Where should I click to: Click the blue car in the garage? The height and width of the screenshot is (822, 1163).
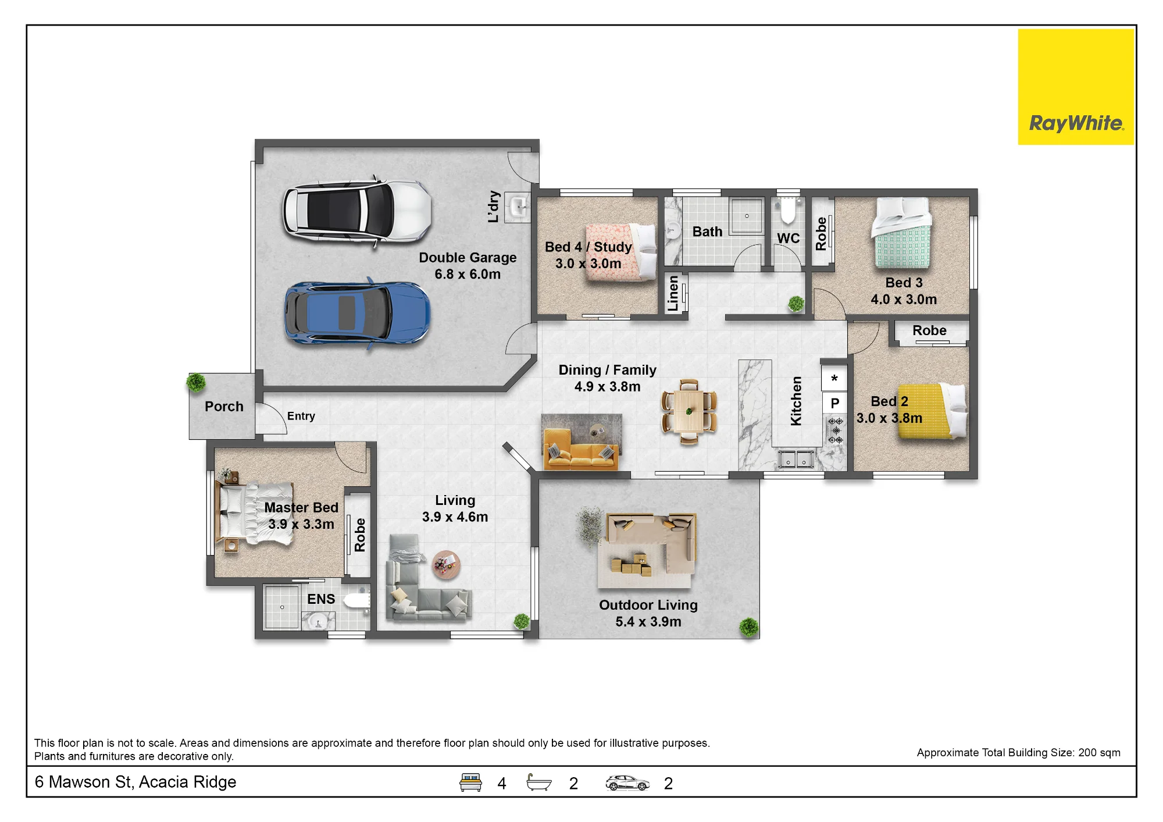click(x=357, y=314)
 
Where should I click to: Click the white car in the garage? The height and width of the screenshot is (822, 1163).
click(x=357, y=212)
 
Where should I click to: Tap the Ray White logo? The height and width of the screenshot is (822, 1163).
click(x=1076, y=87)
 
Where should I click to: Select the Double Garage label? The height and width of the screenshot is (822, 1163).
click(x=468, y=266)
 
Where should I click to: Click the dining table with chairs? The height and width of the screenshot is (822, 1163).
click(x=689, y=411)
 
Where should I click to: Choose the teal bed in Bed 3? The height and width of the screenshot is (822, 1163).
click(x=901, y=233)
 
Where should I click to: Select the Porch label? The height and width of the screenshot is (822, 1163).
click(x=224, y=407)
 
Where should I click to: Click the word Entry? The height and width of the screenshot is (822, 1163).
click(x=301, y=416)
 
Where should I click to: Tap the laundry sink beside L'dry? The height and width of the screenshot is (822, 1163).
click(x=518, y=207)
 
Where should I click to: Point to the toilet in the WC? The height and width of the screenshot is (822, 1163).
click(x=788, y=211)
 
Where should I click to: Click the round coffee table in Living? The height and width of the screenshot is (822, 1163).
click(x=446, y=564)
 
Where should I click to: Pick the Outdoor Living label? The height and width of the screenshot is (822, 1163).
click(x=648, y=613)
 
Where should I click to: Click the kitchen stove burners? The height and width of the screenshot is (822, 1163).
click(x=835, y=430)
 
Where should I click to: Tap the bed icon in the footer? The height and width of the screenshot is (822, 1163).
click(x=470, y=782)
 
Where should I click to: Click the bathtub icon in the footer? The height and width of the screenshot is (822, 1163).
click(x=538, y=782)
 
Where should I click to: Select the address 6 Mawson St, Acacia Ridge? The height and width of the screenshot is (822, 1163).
click(x=135, y=782)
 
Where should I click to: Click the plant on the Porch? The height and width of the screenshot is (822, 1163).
click(x=196, y=382)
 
